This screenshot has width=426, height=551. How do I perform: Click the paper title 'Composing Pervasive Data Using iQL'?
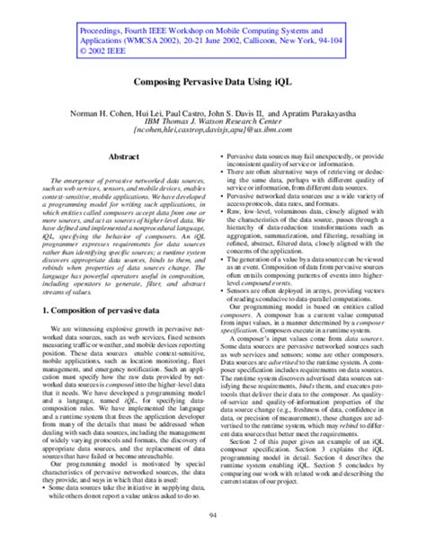pos(212,80)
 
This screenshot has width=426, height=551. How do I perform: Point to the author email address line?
pos(212,129)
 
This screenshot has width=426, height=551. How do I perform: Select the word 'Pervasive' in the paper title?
pos(203,80)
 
